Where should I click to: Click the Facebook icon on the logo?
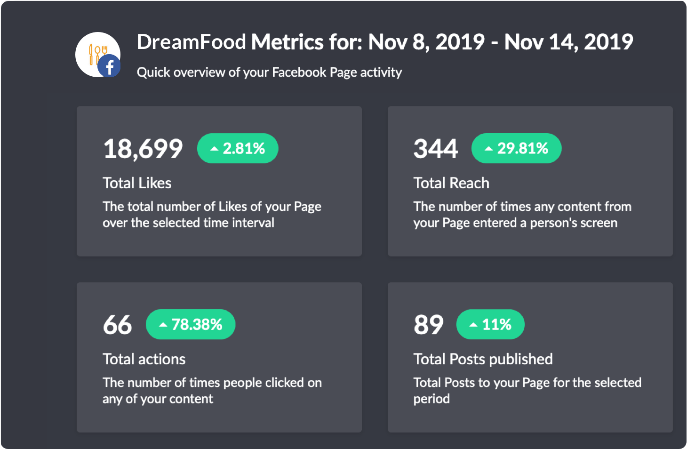(109, 66)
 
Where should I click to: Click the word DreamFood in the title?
(191, 42)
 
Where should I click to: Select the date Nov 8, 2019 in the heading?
(426, 42)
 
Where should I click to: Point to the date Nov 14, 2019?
(568, 42)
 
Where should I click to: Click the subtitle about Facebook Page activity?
(269, 72)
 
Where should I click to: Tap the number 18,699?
(143, 149)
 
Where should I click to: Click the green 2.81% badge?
(238, 149)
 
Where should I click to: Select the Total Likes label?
(137, 183)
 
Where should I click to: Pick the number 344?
(435, 149)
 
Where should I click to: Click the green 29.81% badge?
(516, 149)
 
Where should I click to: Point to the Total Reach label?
(451, 183)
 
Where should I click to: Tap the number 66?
(118, 325)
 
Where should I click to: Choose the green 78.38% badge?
(191, 325)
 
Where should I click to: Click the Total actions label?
(144, 359)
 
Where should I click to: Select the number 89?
(428, 325)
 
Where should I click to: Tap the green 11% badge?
(490, 325)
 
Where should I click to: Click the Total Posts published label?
(483, 359)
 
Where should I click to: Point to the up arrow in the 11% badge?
(473, 325)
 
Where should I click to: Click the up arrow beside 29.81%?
(489, 149)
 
